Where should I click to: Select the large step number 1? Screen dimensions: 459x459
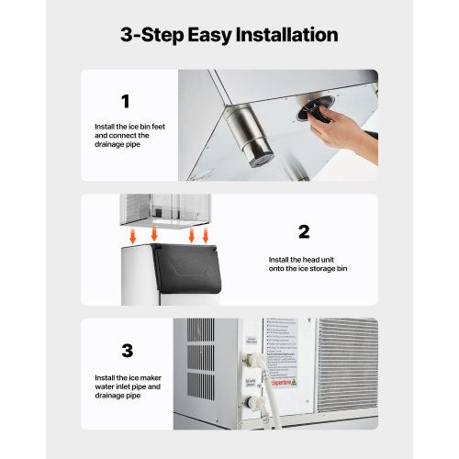(x=125, y=102)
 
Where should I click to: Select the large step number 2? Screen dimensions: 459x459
(x=304, y=230)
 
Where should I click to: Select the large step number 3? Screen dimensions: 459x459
(x=127, y=351)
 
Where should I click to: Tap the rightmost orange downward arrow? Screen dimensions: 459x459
(x=206, y=236)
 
